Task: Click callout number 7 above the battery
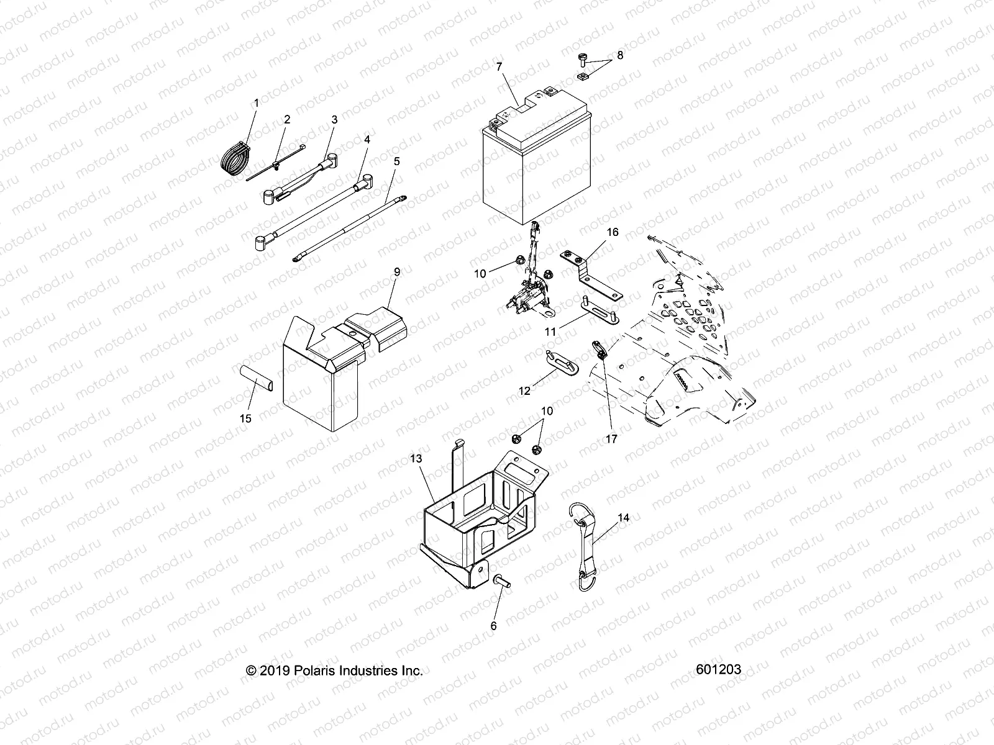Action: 498,66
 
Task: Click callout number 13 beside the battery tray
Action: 433,458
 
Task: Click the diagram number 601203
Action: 718,670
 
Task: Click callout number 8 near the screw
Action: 619,55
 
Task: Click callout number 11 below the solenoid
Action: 550,332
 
